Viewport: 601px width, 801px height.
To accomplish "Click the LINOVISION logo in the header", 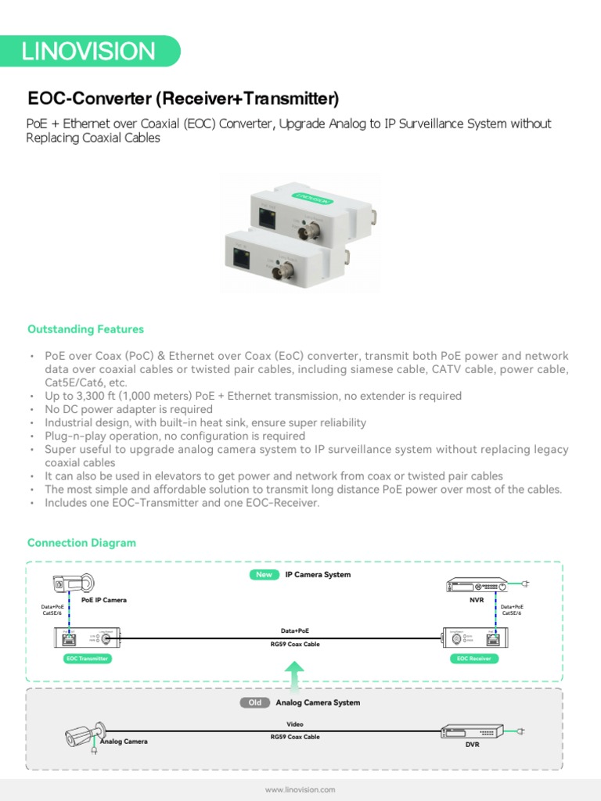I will coord(88,52).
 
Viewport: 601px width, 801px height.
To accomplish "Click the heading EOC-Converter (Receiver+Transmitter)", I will coord(183,99).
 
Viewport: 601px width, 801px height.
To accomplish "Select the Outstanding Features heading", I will coord(85,329).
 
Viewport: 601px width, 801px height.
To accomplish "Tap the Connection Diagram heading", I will coord(81,543).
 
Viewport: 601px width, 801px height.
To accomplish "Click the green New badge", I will coord(264,575).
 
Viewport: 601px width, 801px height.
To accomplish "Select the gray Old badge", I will coord(254,702).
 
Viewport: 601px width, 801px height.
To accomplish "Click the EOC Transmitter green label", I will coord(87,659).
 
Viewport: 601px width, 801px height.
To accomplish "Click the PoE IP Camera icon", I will coord(72,584).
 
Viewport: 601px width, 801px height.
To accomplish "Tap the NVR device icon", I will coord(477,585).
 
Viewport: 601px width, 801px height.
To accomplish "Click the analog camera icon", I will coord(85,735).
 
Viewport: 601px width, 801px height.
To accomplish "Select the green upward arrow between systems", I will coord(294,677).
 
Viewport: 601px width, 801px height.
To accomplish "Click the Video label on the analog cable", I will coord(295,724).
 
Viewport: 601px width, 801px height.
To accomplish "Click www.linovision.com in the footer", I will coord(300,790).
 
